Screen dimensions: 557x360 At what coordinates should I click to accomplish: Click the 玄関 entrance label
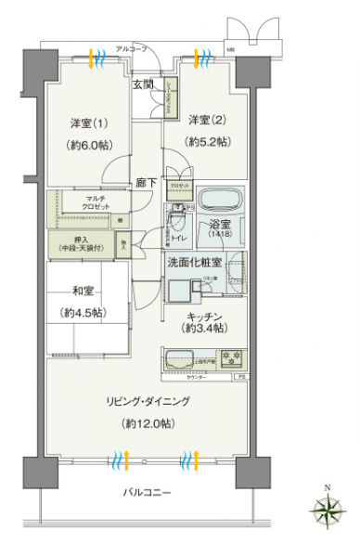[x=142, y=85]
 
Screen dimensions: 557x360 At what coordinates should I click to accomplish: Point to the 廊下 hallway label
[x=146, y=182]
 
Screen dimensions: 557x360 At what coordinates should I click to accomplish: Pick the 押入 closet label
[x=84, y=244]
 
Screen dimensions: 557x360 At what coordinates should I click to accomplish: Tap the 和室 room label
[x=77, y=289]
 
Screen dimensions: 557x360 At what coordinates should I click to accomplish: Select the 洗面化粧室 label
[x=193, y=262]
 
